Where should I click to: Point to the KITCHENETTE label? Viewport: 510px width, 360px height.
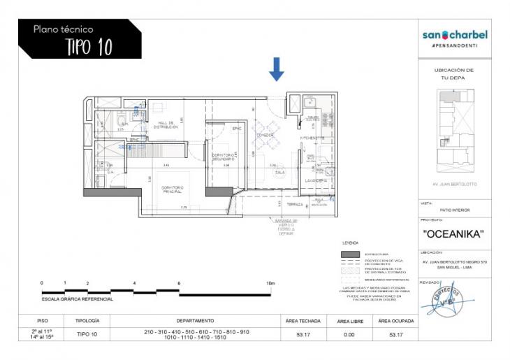[x=312, y=138]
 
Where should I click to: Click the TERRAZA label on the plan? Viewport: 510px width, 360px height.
[x=295, y=204]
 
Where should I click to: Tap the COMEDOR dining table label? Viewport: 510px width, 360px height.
[x=265, y=134]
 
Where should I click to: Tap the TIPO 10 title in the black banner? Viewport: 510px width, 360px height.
[x=89, y=47]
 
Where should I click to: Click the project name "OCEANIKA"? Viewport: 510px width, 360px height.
[x=454, y=233]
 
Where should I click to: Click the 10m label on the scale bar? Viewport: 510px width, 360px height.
[x=270, y=283]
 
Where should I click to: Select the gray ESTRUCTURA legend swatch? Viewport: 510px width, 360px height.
[x=350, y=254]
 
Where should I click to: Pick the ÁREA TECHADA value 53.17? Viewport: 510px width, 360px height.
[x=303, y=335]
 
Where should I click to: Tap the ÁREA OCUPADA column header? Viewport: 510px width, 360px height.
[x=395, y=321]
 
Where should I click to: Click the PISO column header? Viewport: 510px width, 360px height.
[x=42, y=321]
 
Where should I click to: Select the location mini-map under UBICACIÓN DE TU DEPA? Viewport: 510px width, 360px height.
[x=454, y=132]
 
